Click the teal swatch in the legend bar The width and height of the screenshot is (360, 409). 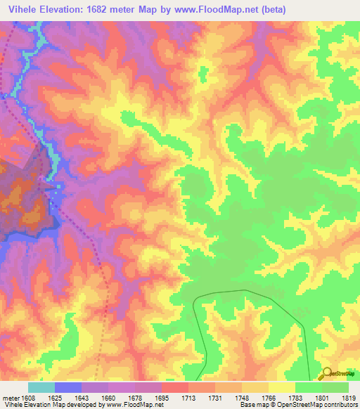[x=41, y=387]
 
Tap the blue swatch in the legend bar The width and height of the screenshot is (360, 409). [x=67, y=387]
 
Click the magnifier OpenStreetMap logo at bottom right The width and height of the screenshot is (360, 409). [x=327, y=375]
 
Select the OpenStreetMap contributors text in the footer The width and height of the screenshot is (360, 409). [x=326, y=405]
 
